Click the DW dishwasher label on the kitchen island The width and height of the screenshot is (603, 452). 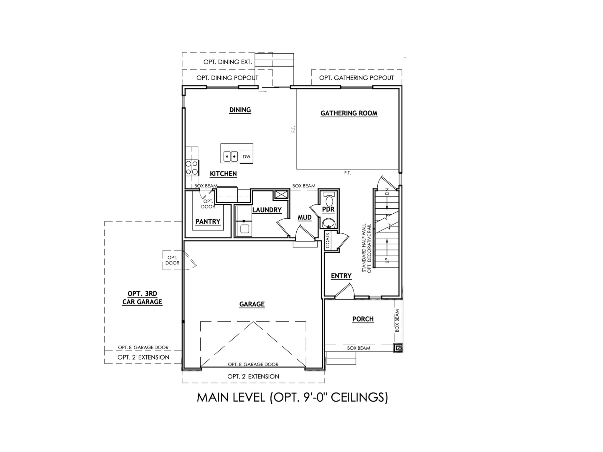pyautogui.click(x=246, y=157)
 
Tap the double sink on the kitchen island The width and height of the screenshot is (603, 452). pyautogui.click(x=230, y=157)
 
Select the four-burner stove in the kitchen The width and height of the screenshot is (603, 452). pyautogui.click(x=191, y=168)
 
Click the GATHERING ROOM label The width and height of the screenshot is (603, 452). pyautogui.click(x=349, y=113)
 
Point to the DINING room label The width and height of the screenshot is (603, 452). pyautogui.click(x=240, y=110)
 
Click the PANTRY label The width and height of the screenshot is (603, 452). pyautogui.click(x=208, y=222)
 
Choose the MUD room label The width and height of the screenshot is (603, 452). pyautogui.click(x=305, y=217)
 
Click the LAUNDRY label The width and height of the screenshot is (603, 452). pyautogui.click(x=267, y=210)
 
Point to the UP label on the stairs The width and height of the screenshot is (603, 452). pyautogui.click(x=387, y=260)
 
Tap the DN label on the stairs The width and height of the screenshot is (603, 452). pyautogui.click(x=387, y=192)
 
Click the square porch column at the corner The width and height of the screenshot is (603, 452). pyautogui.click(x=398, y=348)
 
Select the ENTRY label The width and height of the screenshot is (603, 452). pyautogui.click(x=341, y=276)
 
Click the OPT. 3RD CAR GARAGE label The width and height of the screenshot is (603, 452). pyautogui.click(x=142, y=298)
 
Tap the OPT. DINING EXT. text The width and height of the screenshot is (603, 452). pyautogui.click(x=227, y=62)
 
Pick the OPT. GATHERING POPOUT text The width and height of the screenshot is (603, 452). pyautogui.click(x=356, y=78)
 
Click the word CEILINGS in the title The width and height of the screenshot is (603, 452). pyautogui.click(x=359, y=398)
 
